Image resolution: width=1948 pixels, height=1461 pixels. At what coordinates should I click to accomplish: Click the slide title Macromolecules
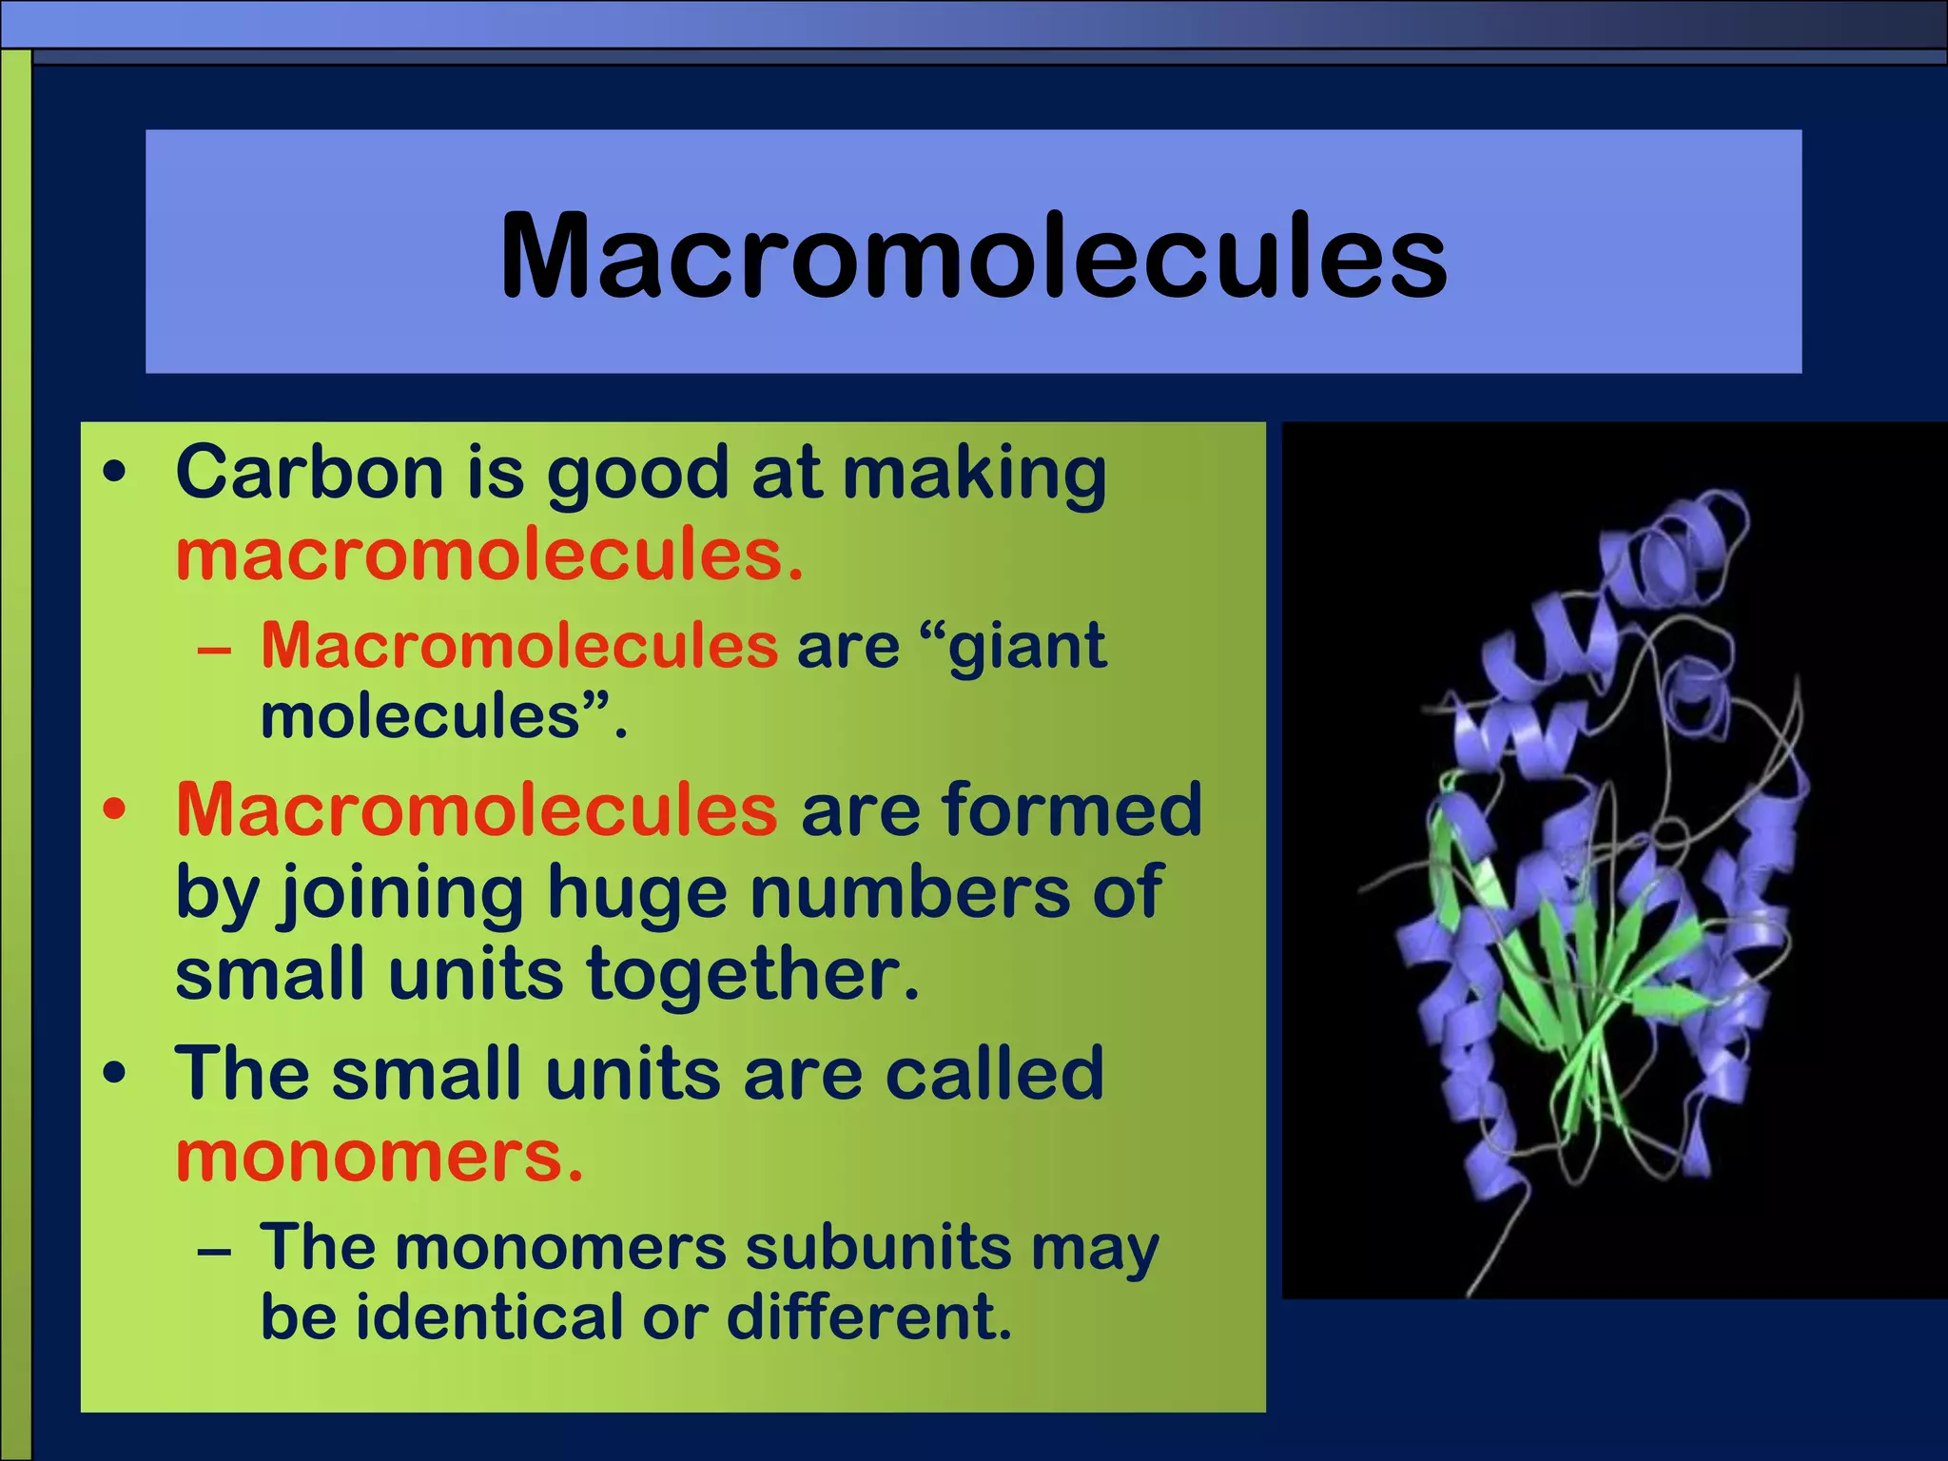[x=973, y=255]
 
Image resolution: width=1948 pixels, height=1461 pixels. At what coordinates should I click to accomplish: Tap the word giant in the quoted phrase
[x=1027, y=647]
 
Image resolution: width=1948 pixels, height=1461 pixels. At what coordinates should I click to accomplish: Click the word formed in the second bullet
[x=1072, y=809]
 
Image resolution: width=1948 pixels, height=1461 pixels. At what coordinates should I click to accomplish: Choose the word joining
[x=399, y=893]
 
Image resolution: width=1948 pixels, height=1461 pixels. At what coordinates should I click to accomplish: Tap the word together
[x=751, y=975]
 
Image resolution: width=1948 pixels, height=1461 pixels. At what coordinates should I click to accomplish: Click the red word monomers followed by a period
[x=378, y=1157]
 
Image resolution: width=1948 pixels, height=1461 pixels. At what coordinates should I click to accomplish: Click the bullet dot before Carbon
[x=114, y=473]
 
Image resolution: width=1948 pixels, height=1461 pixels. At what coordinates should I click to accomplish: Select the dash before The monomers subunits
[x=215, y=1252]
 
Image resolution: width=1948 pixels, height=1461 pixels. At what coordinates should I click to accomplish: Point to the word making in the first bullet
[x=975, y=474]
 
